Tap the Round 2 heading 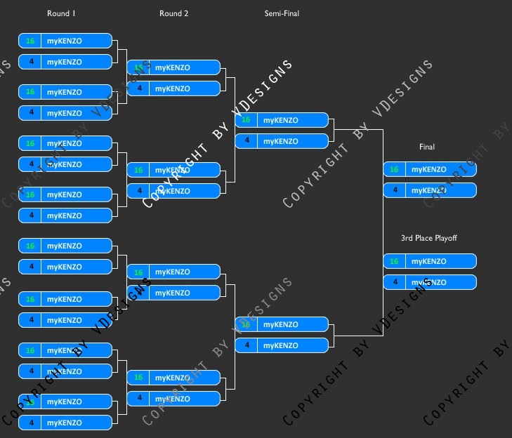tap(174, 13)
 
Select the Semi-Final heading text tap(282, 13)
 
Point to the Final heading tap(427, 147)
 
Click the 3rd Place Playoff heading tap(429, 238)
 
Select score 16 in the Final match tap(394, 169)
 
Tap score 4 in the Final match tap(394, 190)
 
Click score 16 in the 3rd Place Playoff tap(394, 261)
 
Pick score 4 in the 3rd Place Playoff tap(394, 282)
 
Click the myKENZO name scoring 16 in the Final tap(429, 169)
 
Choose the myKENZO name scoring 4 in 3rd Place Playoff tap(429, 282)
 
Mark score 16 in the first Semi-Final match tap(246, 120)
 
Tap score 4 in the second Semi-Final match tap(246, 345)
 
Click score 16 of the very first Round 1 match tap(30, 41)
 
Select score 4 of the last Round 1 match tap(30, 423)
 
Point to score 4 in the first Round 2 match tap(138, 88)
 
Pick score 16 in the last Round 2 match tap(138, 378)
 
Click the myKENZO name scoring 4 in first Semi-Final tap(281, 141)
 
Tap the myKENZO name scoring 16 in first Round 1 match tap(65, 41)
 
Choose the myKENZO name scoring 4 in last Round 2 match tap(173, 399)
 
